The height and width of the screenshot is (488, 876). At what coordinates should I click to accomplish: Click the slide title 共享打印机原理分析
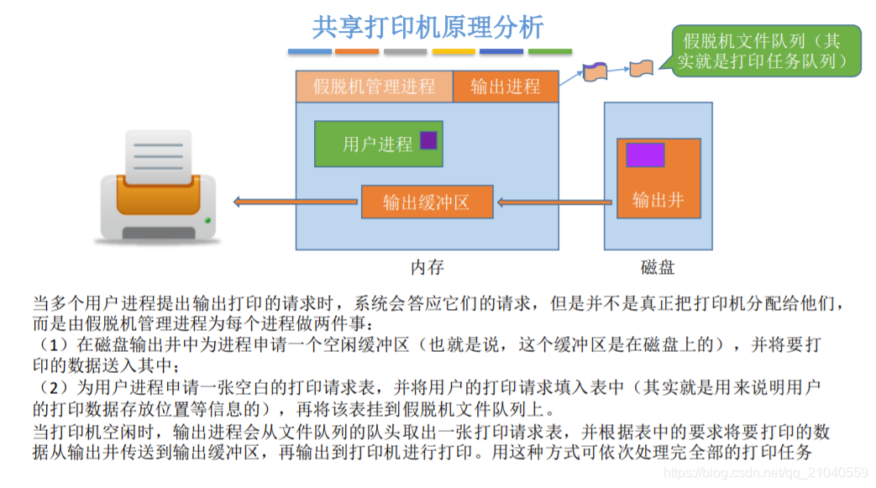428,27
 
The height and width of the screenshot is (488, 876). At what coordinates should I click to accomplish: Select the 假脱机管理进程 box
374,86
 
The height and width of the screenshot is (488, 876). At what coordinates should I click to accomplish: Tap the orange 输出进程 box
506,86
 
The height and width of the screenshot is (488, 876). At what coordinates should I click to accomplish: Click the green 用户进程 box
378,144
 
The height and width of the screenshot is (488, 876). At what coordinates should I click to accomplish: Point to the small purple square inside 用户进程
428,140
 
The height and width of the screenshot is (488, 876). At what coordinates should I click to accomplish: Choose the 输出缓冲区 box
426,202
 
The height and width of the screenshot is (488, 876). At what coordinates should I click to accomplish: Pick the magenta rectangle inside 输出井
645,155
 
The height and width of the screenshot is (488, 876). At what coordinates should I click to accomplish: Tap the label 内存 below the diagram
427,268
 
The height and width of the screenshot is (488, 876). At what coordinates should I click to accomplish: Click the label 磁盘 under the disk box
658,268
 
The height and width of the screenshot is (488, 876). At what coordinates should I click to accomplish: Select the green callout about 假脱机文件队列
761,50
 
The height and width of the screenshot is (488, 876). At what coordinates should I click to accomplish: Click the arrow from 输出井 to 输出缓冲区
550,202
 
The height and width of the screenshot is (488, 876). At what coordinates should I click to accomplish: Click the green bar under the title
549,52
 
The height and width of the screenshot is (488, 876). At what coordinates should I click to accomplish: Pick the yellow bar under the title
454,52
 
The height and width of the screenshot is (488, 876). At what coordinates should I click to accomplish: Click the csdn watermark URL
765,474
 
